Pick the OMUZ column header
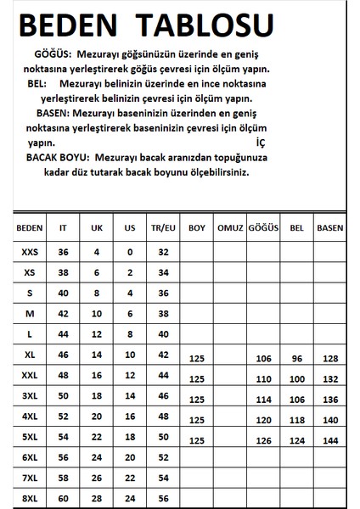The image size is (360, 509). tap(230, 227)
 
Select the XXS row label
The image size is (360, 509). tap(29, 252)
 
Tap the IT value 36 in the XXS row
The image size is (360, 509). tap(62, 252)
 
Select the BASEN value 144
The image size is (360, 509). tap(329, 439)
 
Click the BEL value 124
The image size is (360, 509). tap(296, 439)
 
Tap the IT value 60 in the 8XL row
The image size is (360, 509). tap(62, 497)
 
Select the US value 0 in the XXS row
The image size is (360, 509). tap(130, 252)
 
